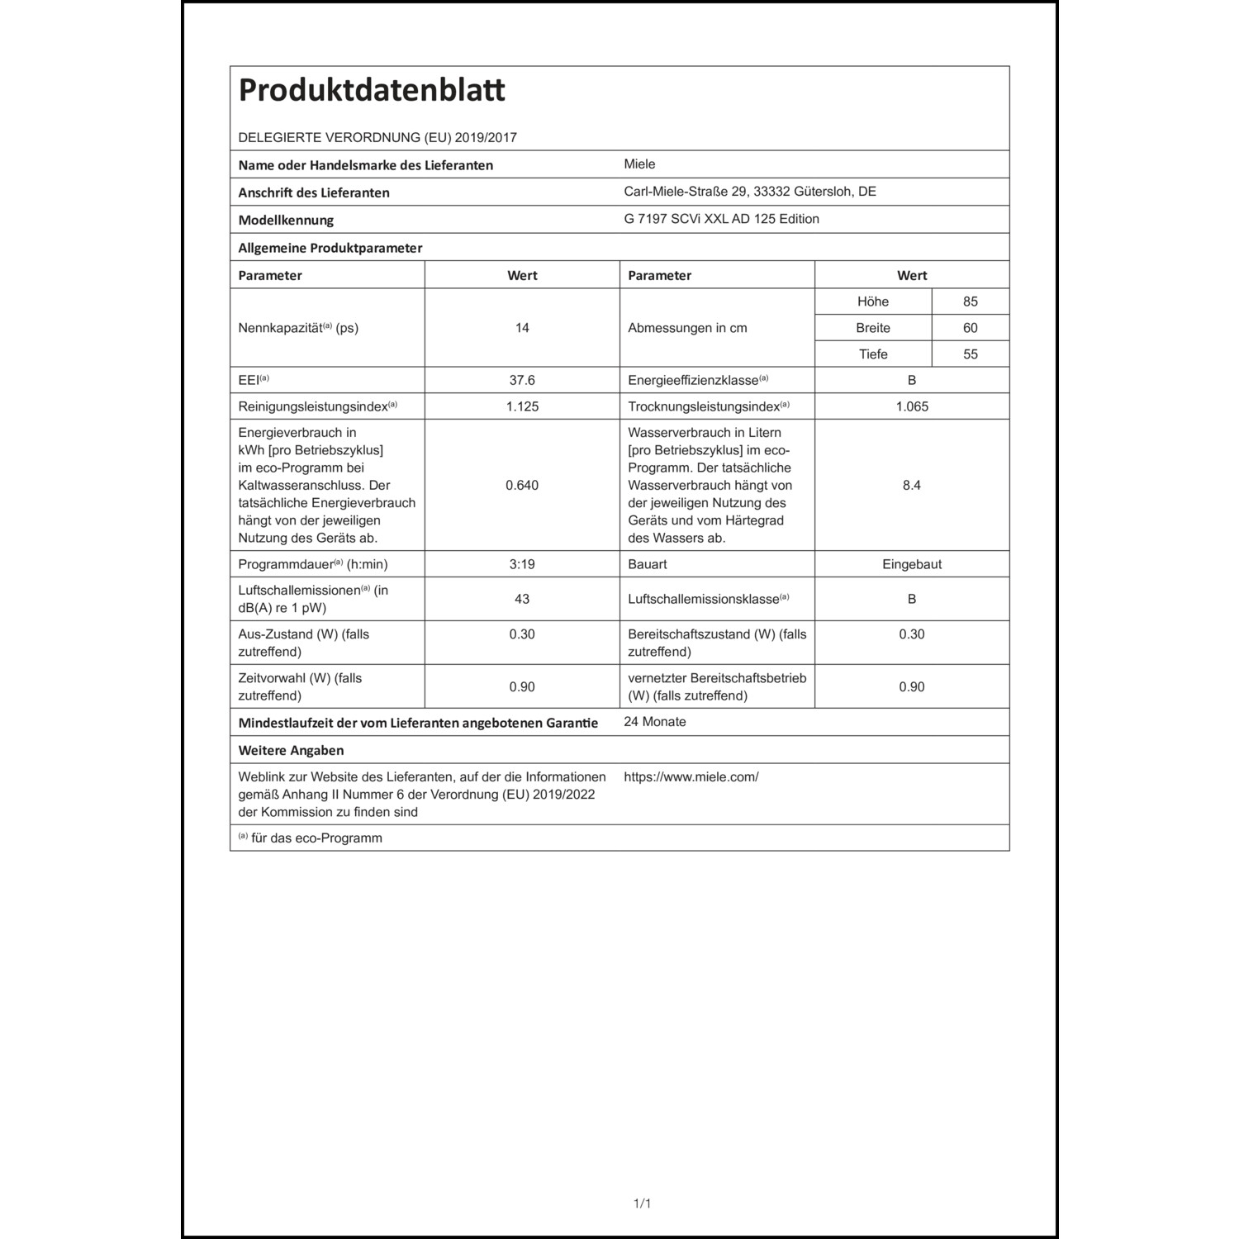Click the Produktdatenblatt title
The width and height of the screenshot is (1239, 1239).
pyautogui.click(x=372, y=90)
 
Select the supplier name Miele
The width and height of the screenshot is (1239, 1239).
pyautogui.click(x=639, y=164)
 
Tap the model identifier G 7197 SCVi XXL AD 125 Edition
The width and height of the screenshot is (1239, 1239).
pyautogui.click(x=721, y=219)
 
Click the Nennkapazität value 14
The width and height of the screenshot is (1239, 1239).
pyautogui.click(x=522, y=328)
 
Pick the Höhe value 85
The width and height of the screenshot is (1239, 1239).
pyautogui.click(x=970, y=301)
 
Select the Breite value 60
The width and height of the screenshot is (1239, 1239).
pyautogui.click(x=970, y=328)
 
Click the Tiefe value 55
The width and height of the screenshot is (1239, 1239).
pyautogui.click(x=970, y=354)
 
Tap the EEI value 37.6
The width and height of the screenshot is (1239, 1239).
pyautogui.click(x=522, y=380)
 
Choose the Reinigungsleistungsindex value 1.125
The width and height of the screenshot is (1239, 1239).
pyautogui.click(x=522, y=406)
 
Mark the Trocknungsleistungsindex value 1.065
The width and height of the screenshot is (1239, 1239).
pyautogui.click(x=912, y=406)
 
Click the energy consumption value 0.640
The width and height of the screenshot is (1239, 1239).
pyautogui.click(x=522, y=485)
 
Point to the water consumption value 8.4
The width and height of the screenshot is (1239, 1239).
pyautogui.click(x=912, y=485)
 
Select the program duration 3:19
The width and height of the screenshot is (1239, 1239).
pyautogui.click(x=522, y=564)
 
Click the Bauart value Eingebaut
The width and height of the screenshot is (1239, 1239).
pyautogui.click(x=912, y=564)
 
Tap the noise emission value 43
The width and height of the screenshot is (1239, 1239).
pyautogui.click(x=522, y=599)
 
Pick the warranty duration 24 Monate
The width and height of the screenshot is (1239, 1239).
pyautogui.click(x=655, y=722)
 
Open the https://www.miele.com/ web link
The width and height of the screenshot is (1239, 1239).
pyautogui.click(x=691, y=777)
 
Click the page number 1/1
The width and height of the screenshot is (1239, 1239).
pyautogui.click(x=642, y=1203)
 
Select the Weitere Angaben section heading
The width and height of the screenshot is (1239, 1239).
pyautogui.click(x=291, y=751)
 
